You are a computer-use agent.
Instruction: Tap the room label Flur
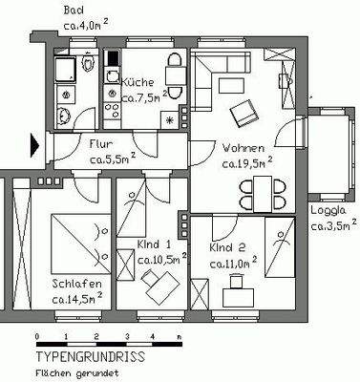pyautogui.click(x=101, y=144)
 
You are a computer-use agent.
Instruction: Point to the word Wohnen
pyautogui.click(x=244, y=149)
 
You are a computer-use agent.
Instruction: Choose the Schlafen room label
pyautogui.click(x=76, y=285)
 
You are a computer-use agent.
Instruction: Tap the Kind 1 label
pyautogui.click(x=154, y=244)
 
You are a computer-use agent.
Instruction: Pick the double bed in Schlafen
pyautogui.click(x=77, y=241)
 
